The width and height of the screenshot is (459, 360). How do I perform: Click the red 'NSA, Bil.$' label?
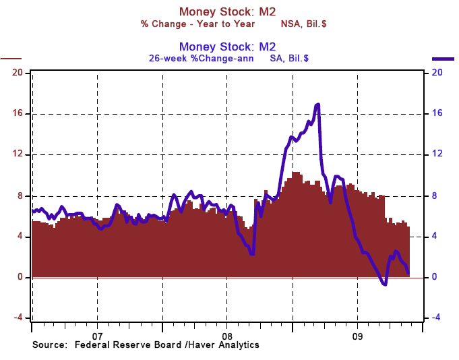coord(304,24)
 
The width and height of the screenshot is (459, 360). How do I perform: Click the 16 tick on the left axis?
coord(18,113)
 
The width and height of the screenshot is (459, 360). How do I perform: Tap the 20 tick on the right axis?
coord(437,72)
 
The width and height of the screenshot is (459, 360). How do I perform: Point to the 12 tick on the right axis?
coord(437,154)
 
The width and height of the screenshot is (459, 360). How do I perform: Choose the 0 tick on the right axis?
coord(435,277)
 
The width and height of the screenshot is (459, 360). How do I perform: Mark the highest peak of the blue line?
coord(317,104)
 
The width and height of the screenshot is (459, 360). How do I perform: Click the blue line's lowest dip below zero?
coord(384,284)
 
